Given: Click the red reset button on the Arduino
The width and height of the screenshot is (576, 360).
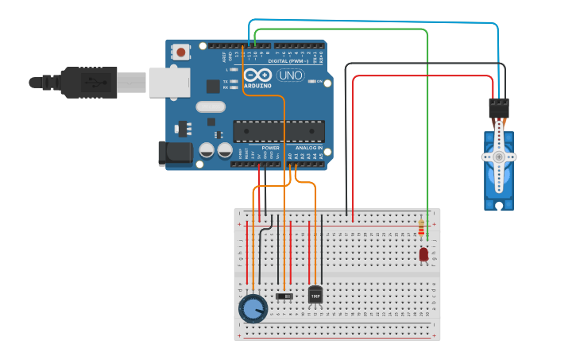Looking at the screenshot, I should [181, 52].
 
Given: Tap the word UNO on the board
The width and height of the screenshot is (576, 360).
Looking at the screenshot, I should [290, 75].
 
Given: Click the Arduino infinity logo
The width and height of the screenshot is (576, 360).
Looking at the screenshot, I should [264, 75].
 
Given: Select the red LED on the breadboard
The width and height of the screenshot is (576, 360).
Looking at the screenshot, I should [423, 254].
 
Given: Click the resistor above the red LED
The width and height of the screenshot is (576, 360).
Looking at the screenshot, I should [421, 229].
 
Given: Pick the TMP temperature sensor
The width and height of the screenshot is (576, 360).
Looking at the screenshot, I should [315, 295].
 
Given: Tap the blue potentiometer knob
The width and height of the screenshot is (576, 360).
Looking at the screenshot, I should [253, 308].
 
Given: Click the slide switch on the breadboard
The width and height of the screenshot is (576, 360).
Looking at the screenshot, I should [284, 296].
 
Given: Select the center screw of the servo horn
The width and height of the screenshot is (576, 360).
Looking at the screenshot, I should [499, 157].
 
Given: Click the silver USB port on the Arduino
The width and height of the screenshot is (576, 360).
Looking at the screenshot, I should [168, 81].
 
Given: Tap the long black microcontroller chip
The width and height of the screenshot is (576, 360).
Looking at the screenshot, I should [278, 131].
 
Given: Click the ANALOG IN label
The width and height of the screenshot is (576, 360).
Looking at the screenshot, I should [309, 148].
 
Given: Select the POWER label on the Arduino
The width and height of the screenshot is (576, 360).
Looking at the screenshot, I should [271, 148].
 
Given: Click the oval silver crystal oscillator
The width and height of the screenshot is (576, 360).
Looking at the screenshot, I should [210, 106].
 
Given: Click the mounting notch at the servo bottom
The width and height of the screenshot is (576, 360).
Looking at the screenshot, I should [499, 206].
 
